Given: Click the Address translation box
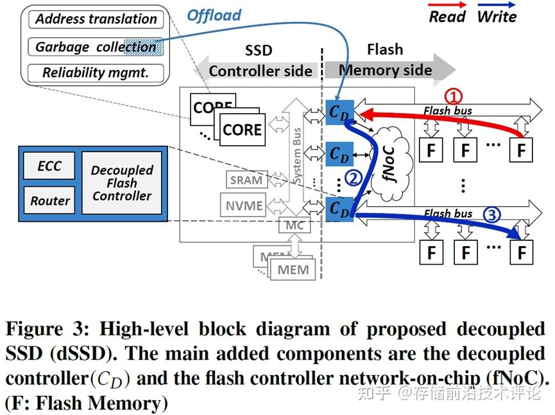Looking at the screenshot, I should click(x=96, y=19).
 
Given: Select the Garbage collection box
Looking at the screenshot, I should click(x=96, y=46).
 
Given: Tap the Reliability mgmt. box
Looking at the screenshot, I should click(x=96, y=73).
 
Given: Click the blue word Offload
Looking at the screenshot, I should click(x=214, y=15).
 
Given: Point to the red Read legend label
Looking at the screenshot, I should click(x=447, y=17).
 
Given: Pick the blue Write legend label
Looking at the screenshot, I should click(x=497, y=17).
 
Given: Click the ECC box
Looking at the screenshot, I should click(x=49, y=166).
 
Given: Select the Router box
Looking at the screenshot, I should click(x=49, y=200).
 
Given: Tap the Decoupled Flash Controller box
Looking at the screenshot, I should click(x=122, y=183).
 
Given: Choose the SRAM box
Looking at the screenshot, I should click(x=246, y=181).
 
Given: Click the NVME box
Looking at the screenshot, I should click(x=244, y=206).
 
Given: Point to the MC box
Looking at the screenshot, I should click(x=295, y=225).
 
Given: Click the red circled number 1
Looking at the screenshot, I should click(x=454, y=96).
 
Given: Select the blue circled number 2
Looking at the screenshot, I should click(x=352, y=177).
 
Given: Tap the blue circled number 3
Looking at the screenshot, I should click(x=490, y=216).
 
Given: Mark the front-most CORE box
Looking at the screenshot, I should click(x=242, y=130).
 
